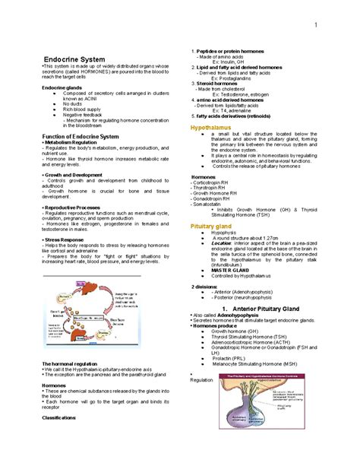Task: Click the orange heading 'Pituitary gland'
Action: coord(212,227)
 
